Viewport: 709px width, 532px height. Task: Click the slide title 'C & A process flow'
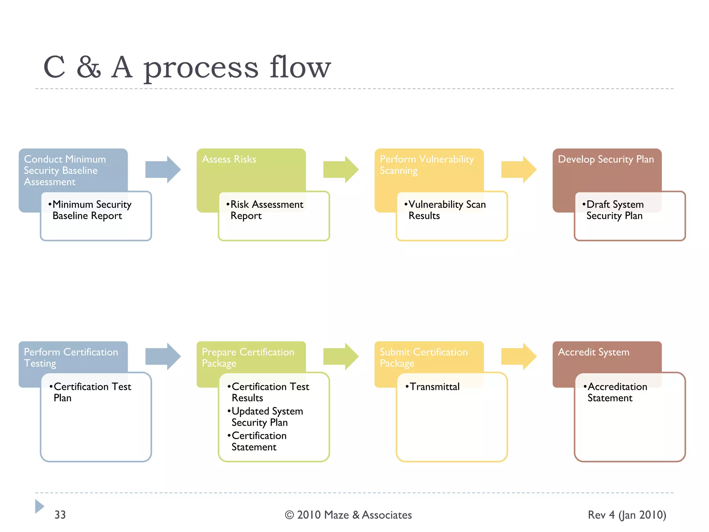click(x=187, y=68)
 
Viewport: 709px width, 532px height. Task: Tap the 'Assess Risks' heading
click(x=229, y=159)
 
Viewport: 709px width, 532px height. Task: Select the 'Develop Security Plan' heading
click(x=605, y=159)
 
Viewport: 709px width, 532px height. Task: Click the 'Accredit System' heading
click(x=593, y=352)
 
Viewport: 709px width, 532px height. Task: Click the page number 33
click(x=60, y=515)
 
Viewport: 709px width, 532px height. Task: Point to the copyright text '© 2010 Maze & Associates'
click(x=348, y=515)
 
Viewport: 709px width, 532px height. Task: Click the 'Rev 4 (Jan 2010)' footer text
click(x=627, y=515)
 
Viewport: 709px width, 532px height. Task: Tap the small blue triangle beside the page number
click(x=39, y=506)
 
